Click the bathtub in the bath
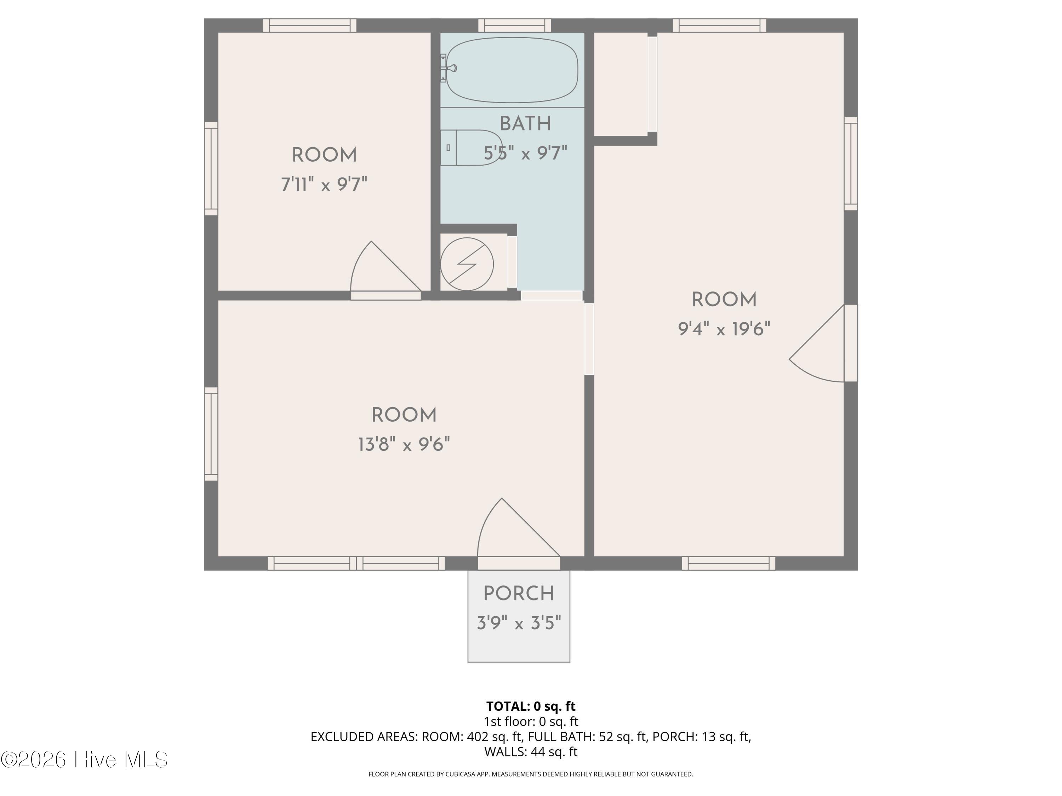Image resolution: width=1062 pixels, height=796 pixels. click(512, 70)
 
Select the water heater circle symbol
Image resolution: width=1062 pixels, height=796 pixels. click(467, 264)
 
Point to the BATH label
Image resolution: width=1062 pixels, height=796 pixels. click(525, 124)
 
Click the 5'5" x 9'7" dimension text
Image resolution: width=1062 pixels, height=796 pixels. click(525, 154)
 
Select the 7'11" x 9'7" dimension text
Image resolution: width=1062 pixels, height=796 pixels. click(324, 184)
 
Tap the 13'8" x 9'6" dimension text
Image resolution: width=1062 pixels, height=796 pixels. click(404, 445)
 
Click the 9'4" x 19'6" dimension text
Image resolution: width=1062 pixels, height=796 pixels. click(724, 329)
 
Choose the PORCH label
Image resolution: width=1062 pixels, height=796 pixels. click(519, 594)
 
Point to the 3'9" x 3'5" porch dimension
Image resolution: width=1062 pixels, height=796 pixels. click(519, 623)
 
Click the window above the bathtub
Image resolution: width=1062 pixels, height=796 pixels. click(514, 25)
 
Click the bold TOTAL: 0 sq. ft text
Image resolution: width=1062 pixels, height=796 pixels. click(531, 706)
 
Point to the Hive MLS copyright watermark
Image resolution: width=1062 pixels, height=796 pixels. click(84, 760)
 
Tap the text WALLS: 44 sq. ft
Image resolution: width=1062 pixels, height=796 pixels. click(531, 752)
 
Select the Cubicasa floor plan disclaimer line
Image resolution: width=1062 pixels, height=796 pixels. click(531, 774)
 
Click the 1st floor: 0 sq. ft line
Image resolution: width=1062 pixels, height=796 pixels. click(531, 722)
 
